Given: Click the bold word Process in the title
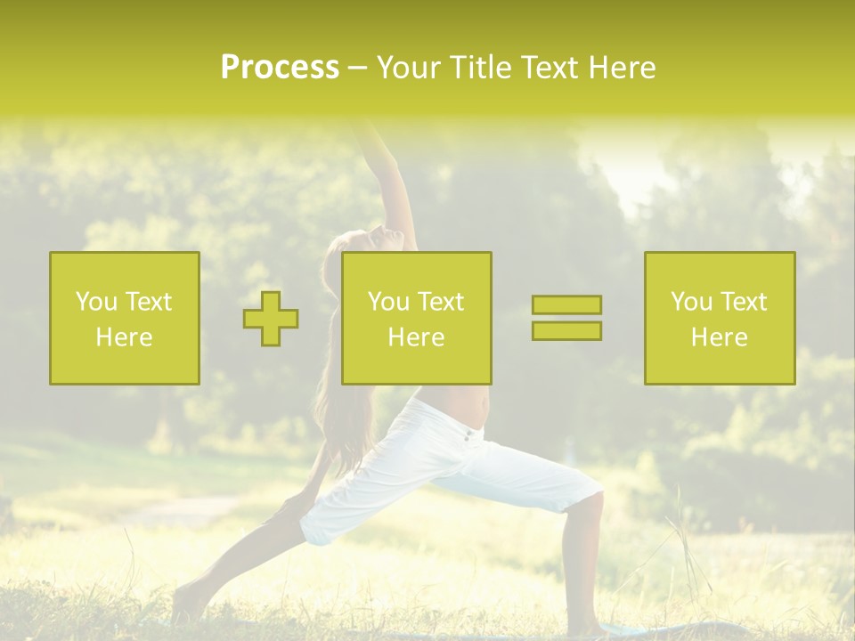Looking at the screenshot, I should point(280,68).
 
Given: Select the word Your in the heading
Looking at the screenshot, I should point(407,68).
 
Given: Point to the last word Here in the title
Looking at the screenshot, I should point(622,68).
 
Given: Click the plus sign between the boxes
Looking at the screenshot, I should point(271,319).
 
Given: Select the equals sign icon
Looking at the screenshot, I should point(566,318).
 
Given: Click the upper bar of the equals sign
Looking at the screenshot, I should point(566,305).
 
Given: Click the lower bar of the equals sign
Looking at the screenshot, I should point(566,330).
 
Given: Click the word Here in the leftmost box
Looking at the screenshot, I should point(124,337).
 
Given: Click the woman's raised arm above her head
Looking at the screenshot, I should point(392,178).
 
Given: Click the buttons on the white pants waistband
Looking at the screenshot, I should point(468,435).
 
